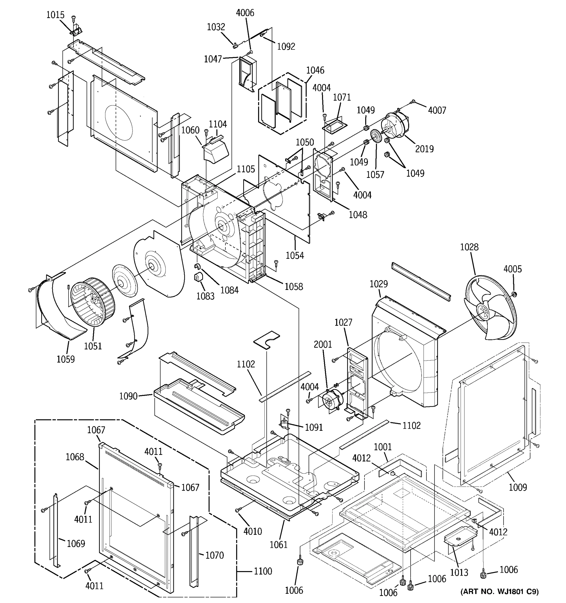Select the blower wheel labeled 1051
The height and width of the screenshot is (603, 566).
93,305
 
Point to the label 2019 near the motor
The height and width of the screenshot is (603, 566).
424,149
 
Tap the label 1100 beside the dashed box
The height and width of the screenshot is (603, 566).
263,571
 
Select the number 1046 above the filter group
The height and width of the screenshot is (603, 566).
315,70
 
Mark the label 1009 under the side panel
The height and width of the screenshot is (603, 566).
518,487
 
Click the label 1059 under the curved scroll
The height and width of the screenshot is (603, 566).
65,359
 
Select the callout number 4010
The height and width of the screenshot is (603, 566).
253,531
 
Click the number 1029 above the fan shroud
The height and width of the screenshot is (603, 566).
378,284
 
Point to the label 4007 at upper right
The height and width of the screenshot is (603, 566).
437,110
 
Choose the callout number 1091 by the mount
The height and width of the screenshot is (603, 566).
314,427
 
